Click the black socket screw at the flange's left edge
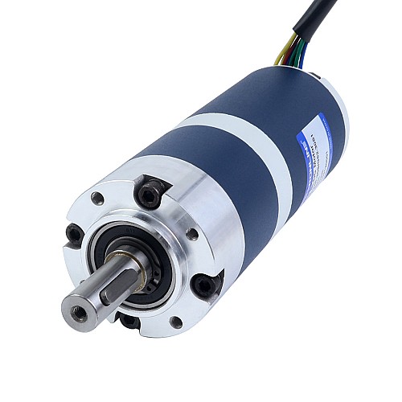75,234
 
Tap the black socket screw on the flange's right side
207,283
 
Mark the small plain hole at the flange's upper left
97,197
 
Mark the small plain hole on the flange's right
192,234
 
